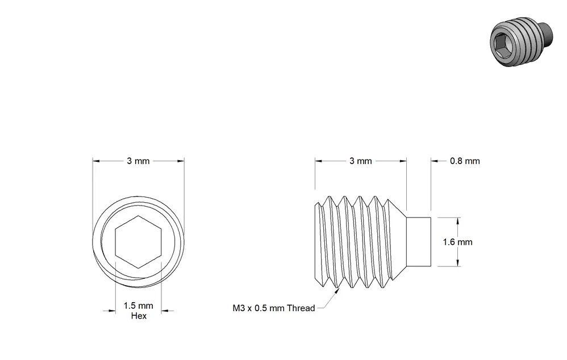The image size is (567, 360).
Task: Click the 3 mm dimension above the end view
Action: click(138, 161)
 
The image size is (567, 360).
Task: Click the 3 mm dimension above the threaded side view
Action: click(361, 161)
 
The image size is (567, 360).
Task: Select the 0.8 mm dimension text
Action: click(465, 161)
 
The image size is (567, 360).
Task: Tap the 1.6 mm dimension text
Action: click(458, 242)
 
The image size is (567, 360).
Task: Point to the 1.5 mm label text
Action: click(138, 306)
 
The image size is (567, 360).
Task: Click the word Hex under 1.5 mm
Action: click(139, 316)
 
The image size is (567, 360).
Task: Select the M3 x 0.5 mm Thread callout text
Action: click(274, 308)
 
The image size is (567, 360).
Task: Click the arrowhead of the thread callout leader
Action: click(337, 291)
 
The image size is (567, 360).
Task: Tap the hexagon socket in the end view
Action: click(138, 242)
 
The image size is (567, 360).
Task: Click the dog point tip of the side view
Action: click(419, 242)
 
